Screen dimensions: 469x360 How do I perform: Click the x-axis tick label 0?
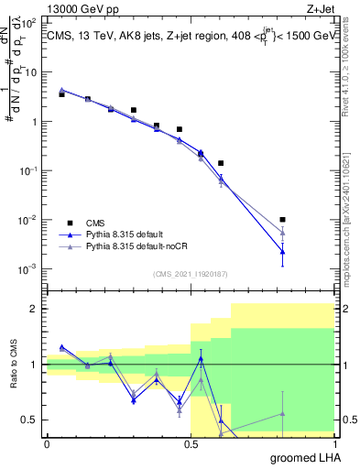tap(47, 443)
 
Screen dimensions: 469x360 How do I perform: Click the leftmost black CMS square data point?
tap(61, 94)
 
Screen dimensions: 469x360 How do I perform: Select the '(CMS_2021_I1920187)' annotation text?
tap(190, 274)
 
